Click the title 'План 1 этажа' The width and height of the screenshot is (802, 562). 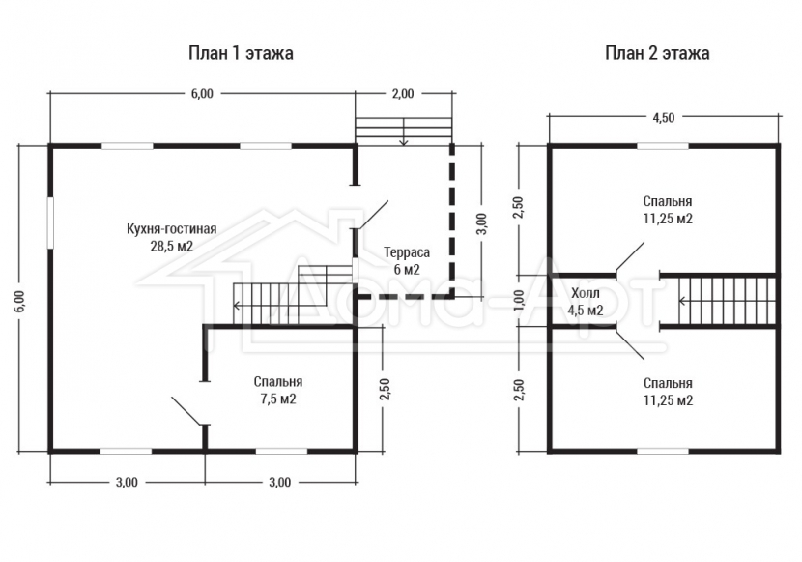(x=241, y=53)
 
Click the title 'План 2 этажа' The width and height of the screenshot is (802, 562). (x=657, y=53)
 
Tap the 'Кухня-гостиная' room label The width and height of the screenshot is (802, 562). (x=172, y=229)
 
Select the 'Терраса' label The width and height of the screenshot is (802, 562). (x=407, y=252)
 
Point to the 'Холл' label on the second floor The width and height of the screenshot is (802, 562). (x=586, y=293)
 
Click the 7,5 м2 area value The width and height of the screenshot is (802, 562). (x=278, y=399)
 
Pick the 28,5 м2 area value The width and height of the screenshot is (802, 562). (x=172, y=246)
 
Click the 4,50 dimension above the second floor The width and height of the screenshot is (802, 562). (x=664, y=117)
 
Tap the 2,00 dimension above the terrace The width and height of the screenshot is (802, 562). (x=403, y=93)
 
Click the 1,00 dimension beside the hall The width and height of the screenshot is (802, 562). (x=519, y=300)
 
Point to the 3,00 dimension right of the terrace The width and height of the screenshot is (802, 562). (x=482, y=223)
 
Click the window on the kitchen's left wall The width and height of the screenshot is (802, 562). (x=50, y=223)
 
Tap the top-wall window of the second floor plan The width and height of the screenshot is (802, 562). (x=662, y=146)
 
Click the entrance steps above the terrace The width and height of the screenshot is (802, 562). (x=404, y=131)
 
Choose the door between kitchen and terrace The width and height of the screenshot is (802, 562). (x=373, y=215)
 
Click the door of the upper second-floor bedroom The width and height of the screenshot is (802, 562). (x=630, y=257)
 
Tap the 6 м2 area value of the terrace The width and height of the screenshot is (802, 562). (x=407, y=269)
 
